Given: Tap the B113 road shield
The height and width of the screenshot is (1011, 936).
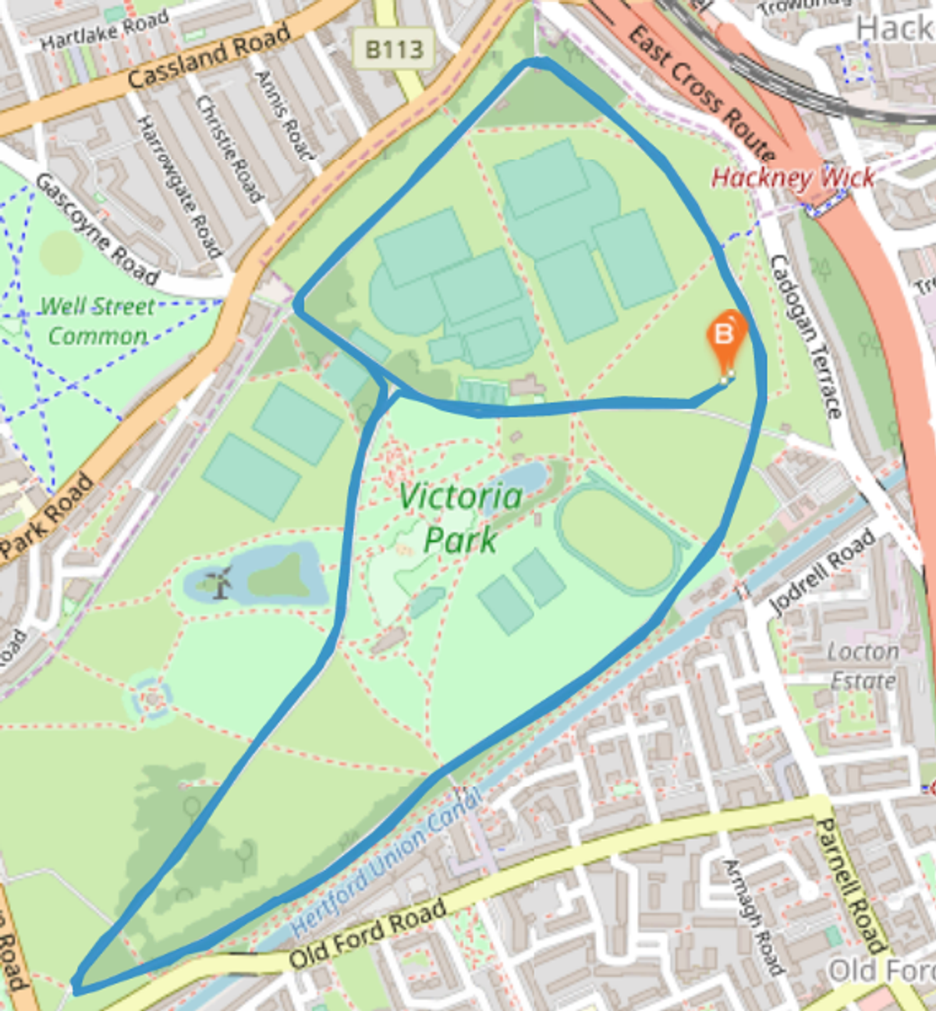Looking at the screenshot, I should click(394, 50).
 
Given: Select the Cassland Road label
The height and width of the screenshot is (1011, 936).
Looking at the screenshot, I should click(208, 55).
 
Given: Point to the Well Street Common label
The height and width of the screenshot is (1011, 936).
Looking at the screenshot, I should click(97, 321).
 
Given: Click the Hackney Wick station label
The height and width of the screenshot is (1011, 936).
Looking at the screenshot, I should click(792, 178).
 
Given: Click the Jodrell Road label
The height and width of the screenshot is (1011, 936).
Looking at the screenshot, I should click(821, 571).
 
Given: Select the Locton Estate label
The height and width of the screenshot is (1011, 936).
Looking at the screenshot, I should click(863, 665).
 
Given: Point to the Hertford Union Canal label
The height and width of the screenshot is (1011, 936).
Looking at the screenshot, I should click(385, 863).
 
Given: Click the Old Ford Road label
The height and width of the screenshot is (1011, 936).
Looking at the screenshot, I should click(367, 934).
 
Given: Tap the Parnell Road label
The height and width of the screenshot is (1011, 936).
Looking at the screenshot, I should click(850, 885).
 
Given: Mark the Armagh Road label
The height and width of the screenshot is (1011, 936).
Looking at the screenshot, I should click(753, 917).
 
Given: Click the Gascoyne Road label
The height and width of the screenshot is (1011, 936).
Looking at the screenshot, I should click(97, 229).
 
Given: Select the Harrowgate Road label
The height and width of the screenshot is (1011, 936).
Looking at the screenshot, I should click(179, 186).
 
